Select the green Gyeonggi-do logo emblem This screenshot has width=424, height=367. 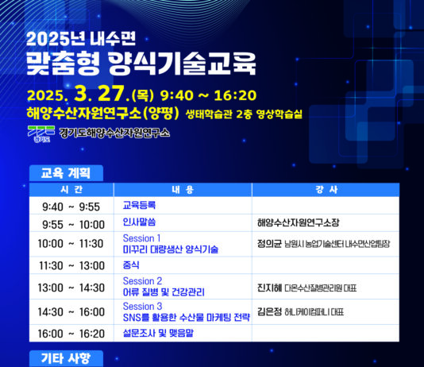[39, 132]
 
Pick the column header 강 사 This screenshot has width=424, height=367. [331, 190]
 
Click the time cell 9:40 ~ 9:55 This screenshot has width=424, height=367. [71, 207]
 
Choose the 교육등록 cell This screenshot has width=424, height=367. [140, 206]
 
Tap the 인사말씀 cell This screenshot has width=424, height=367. [140, 223]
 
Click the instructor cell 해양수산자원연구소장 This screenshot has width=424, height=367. [299, 223]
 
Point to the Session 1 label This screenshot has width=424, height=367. [141, 238]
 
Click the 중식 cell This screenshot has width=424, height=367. [132, 265]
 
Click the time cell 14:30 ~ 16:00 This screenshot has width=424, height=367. [71, 312]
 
